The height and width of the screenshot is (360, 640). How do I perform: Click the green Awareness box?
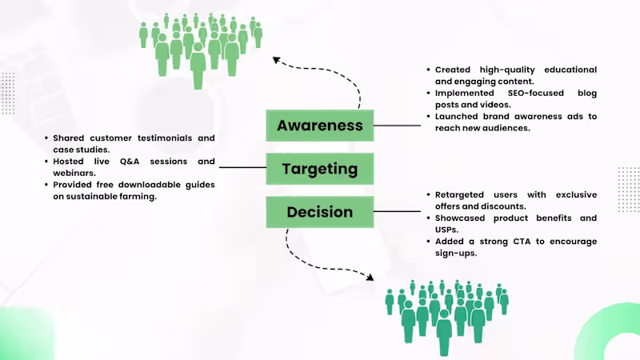[319, 126]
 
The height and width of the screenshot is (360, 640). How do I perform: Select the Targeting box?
[319, 169]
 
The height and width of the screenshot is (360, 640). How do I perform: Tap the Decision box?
[319, 212]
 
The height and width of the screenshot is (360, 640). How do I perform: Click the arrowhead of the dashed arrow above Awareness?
[276, 60]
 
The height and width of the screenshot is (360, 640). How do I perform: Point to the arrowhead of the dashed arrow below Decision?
[370, 278]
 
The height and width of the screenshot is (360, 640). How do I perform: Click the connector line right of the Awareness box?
[397, 126]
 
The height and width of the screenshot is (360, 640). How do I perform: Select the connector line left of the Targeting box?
[242, 167]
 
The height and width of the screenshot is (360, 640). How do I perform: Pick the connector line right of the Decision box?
[397, 211]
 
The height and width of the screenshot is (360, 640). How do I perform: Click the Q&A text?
[130, 162]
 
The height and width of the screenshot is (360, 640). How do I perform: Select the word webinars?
[74, 173]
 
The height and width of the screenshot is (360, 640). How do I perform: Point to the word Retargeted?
[459, 195]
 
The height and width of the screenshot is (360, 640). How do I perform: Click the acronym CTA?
[522, 242]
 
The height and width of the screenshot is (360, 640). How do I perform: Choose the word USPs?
[446, 230]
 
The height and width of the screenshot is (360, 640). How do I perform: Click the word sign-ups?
[456, 254]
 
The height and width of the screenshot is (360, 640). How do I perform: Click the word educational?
[570, 70]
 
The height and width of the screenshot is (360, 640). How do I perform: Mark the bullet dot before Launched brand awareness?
[428, 116]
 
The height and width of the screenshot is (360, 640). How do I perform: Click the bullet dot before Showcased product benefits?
[428, 218]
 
